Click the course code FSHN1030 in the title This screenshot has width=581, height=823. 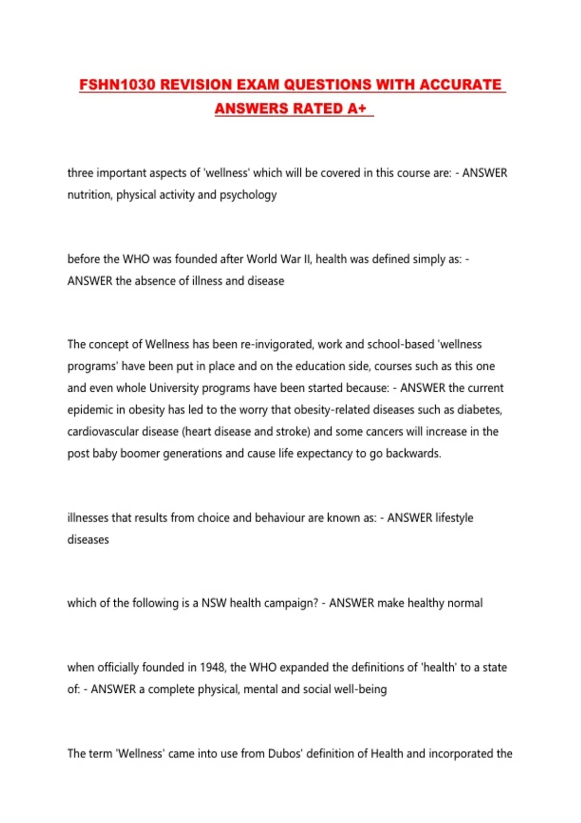(117, 85)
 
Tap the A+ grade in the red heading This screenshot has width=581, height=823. (357, 108)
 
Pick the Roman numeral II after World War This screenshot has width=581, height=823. (308, 259)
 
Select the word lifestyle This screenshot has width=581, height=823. (454, 518)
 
